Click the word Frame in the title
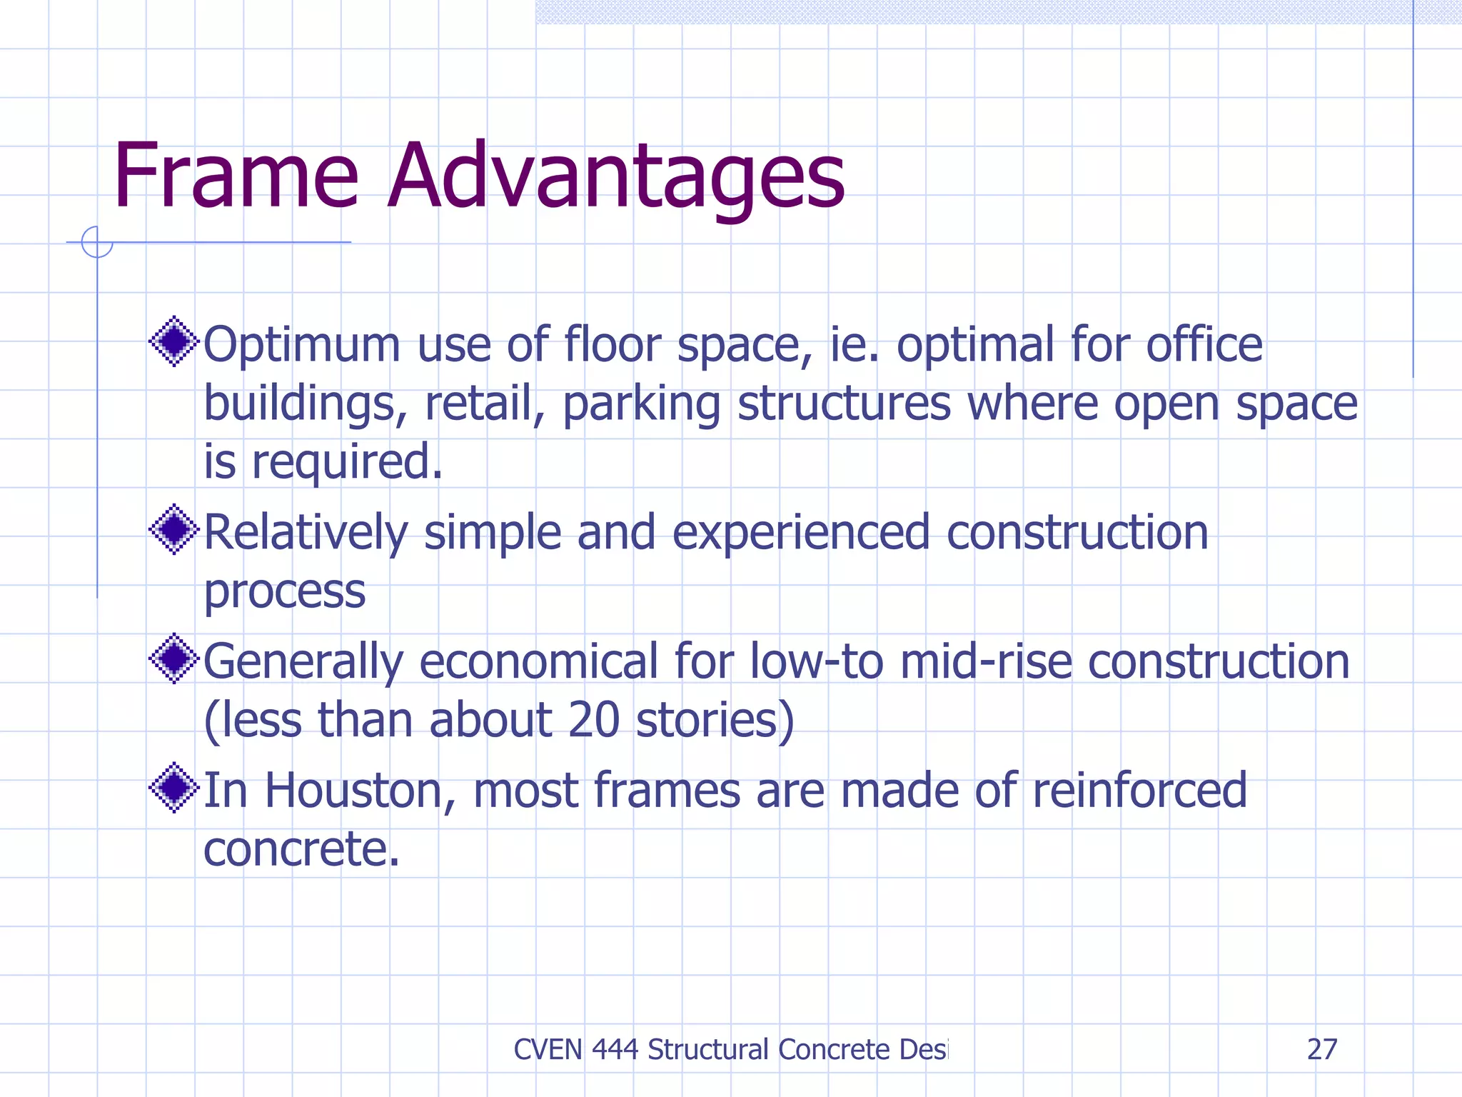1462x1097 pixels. click(x=236, y=176)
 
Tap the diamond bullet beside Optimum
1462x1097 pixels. click(x=173, y=341)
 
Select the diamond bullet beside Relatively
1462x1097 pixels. click(x=173, y=529)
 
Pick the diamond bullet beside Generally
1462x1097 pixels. click(x=173, y=658)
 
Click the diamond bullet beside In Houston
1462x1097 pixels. click(x=173, y=788)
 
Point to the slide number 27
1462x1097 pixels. click(x=1321, y=1049)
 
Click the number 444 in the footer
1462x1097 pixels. click(x=615, y=1049)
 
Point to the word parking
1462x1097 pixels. click(x=642, y=405)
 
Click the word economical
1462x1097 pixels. click(x=538, y=661)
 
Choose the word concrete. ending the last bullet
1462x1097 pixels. click(x=301, y=849)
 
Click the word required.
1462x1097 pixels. click(x=347, y=463)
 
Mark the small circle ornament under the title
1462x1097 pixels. click(x=97, y=242)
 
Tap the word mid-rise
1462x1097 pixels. click(x=986, y=661)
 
